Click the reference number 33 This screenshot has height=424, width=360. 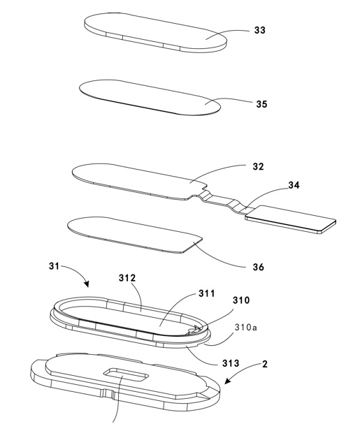tap(259, 30)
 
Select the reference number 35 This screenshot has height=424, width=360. tap(261, 104)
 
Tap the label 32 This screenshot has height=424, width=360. tap(258, 166)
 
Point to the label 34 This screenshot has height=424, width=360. tap(294, 185)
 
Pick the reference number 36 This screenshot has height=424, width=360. tap(258, 267)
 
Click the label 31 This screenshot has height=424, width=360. tap(54, 266)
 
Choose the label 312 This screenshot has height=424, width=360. tap(127, 278)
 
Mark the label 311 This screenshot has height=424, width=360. tap(206, 293)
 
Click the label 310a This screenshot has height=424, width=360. tap(246, 328)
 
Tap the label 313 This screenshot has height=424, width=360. tap(231, 363)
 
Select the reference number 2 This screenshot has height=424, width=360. tap(265, 364)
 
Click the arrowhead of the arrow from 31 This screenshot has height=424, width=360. tap(87, 284)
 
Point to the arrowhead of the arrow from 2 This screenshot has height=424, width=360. tap(228, 381)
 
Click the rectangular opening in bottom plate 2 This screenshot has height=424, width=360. tap(126, 375)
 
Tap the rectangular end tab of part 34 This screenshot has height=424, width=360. tap(291, 219)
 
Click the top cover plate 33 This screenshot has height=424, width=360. tap(155, 32)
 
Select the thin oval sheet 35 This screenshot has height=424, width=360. tap(150, 98)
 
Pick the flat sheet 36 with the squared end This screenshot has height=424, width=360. tap(135, 235)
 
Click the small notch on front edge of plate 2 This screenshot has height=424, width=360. tap(108, 393)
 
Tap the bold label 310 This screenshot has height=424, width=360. tap(241, 300)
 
